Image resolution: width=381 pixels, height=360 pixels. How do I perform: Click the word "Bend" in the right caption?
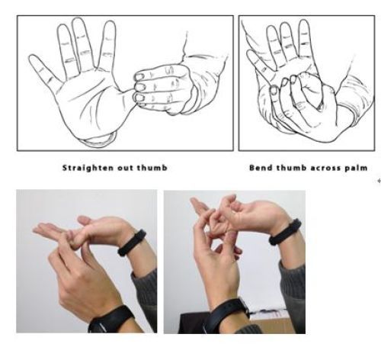pos(261,168)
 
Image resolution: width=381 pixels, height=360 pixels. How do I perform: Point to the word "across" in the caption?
pos(325,168)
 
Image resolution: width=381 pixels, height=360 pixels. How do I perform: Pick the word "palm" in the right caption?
pos(356,169)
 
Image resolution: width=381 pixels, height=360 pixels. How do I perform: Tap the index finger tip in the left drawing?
pos(110,24)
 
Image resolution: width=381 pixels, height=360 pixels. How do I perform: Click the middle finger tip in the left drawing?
pos(78,20)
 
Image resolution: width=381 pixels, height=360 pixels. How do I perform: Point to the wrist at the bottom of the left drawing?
pos(100,140)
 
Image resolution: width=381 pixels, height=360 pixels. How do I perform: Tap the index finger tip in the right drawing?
pos(304,22)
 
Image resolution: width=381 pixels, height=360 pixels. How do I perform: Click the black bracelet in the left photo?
pos(132,243)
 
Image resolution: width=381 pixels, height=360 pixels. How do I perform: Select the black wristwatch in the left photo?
pos(111,320)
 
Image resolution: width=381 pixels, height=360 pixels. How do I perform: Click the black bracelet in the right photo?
pos(285,232)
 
